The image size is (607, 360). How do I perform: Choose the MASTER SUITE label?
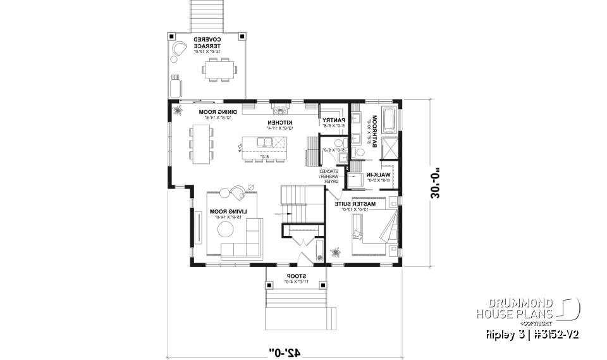click(361, 204)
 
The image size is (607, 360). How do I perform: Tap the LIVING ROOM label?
click(228, 211)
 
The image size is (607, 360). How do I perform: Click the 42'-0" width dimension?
click(285, 349)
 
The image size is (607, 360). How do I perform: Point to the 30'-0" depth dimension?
click(436, 183)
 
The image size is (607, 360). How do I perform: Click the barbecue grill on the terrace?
click(175, 85)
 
